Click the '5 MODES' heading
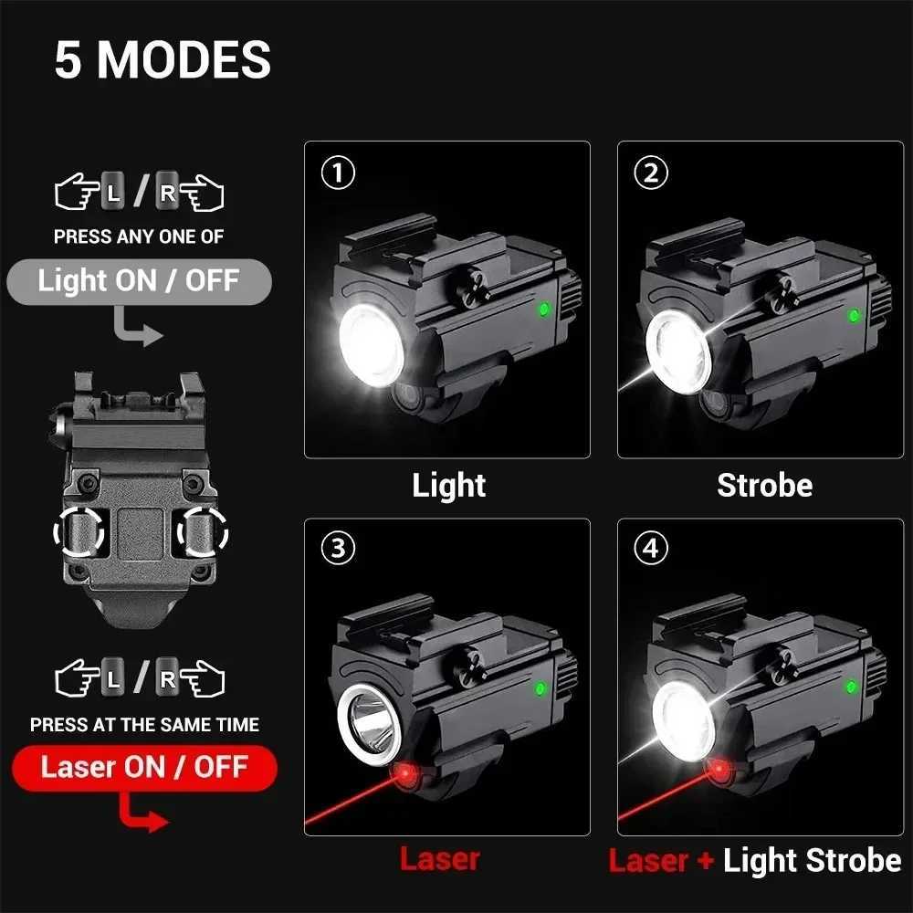tap(163, 60)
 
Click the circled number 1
tap(339, 173)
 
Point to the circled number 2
tap(651, 173)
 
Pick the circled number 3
tap(339, 548)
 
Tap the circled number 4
tap(651, 548)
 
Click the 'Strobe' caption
tap(764, 486)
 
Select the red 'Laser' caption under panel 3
tap(439, 858)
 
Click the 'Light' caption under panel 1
tap(449, 486)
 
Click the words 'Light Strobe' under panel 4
tap(812, 860)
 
